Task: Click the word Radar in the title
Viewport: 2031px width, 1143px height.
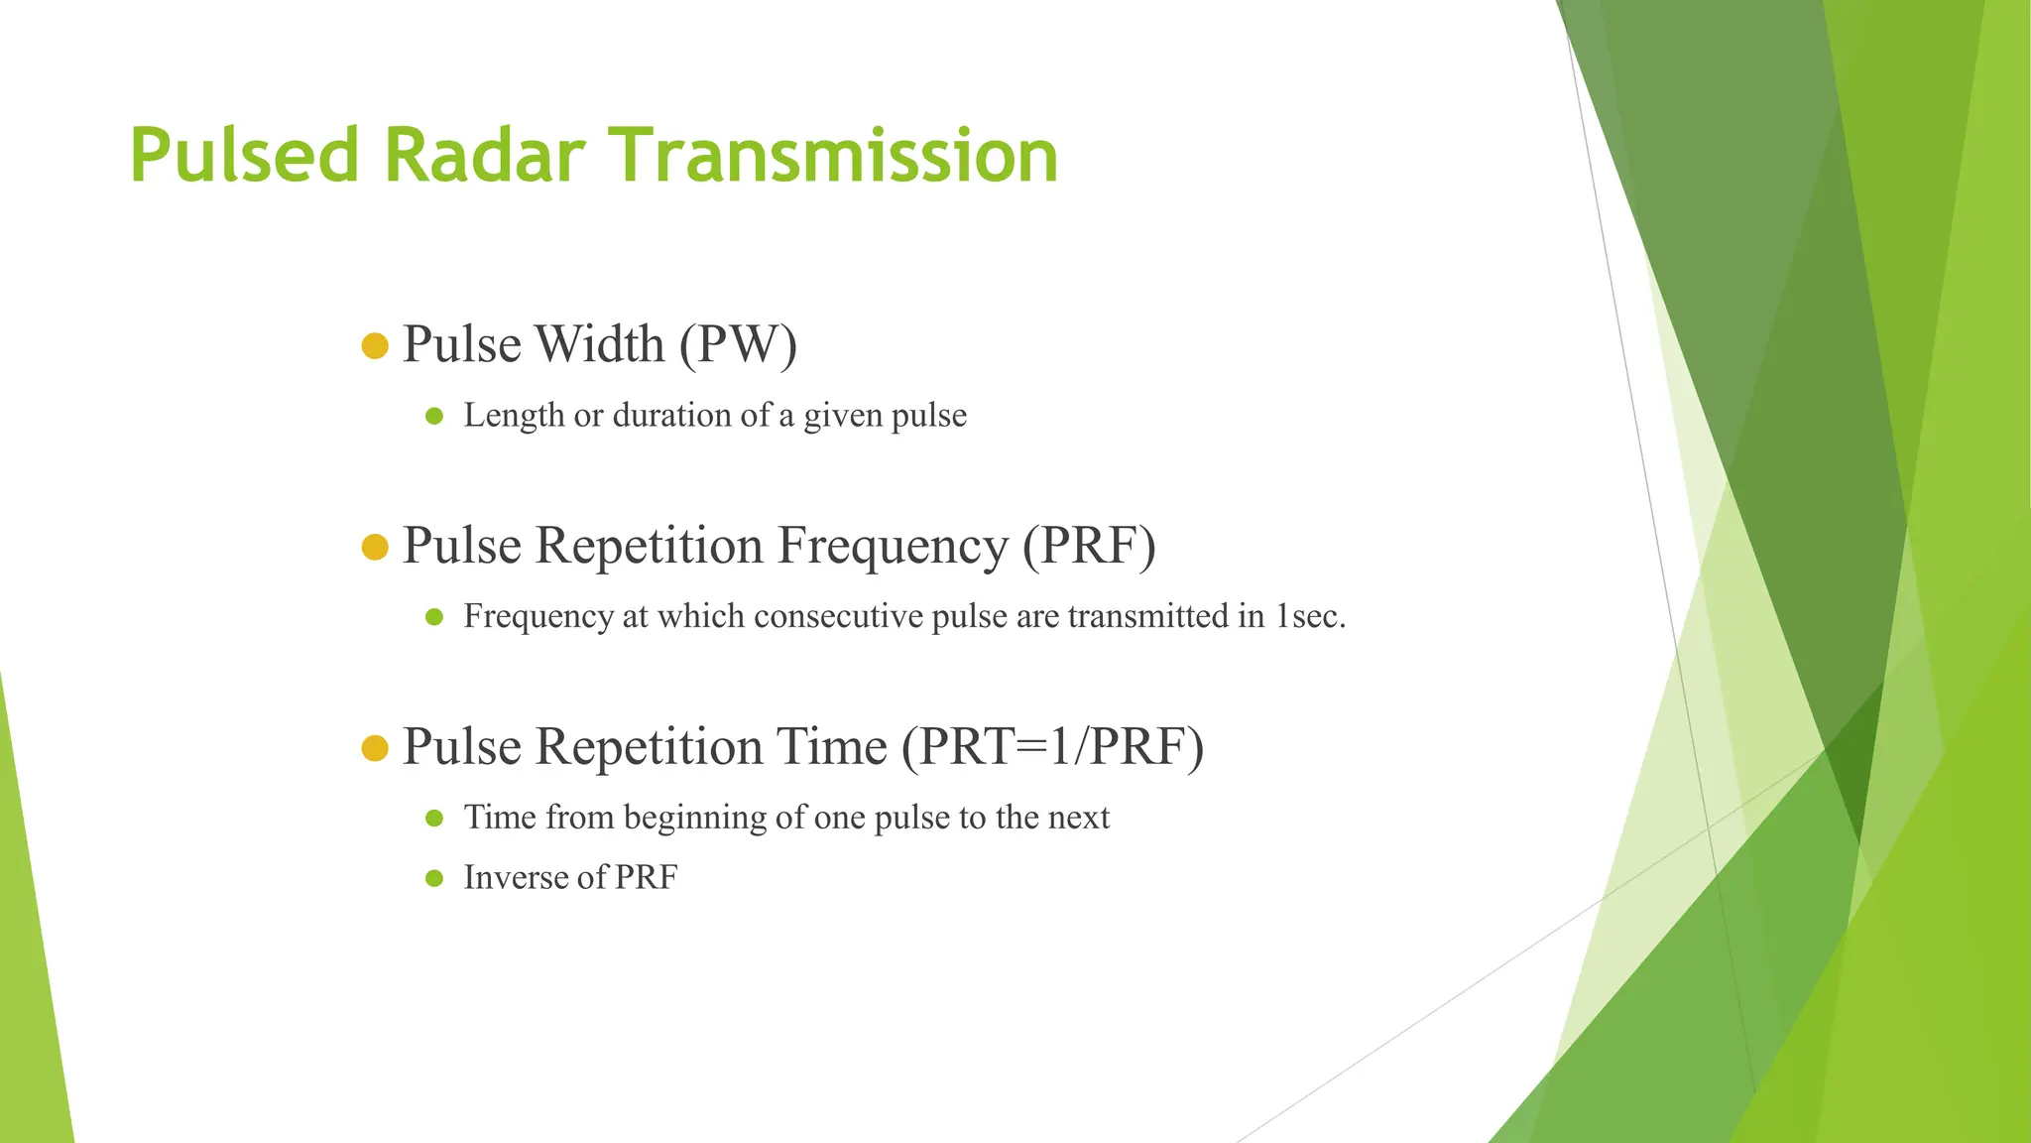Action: (x=484, y=157)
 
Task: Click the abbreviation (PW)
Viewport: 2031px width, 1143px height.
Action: (x=738, y=345)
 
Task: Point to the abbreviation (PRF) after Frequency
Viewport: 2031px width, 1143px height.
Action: (x=1089, y=547)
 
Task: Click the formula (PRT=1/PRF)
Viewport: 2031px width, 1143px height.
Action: (x=1052, y=747)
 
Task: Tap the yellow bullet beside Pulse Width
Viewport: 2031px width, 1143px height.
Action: (x=375, y=346)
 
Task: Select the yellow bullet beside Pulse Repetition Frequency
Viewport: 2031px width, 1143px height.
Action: (x=375, y=547)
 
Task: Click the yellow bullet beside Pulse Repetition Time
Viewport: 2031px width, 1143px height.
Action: (x=375, y=748)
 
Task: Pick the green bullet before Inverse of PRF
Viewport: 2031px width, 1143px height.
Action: (x=433, y=878)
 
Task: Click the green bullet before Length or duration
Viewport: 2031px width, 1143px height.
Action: (x=433, y=416)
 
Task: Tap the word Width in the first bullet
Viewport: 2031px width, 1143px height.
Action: (x=599, y=345)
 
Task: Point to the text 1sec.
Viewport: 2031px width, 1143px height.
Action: (x=1309, y=617)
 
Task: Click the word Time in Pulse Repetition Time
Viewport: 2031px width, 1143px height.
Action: (x=831, y=747)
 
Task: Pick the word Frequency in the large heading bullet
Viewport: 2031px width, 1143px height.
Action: (x=892, y=547)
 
